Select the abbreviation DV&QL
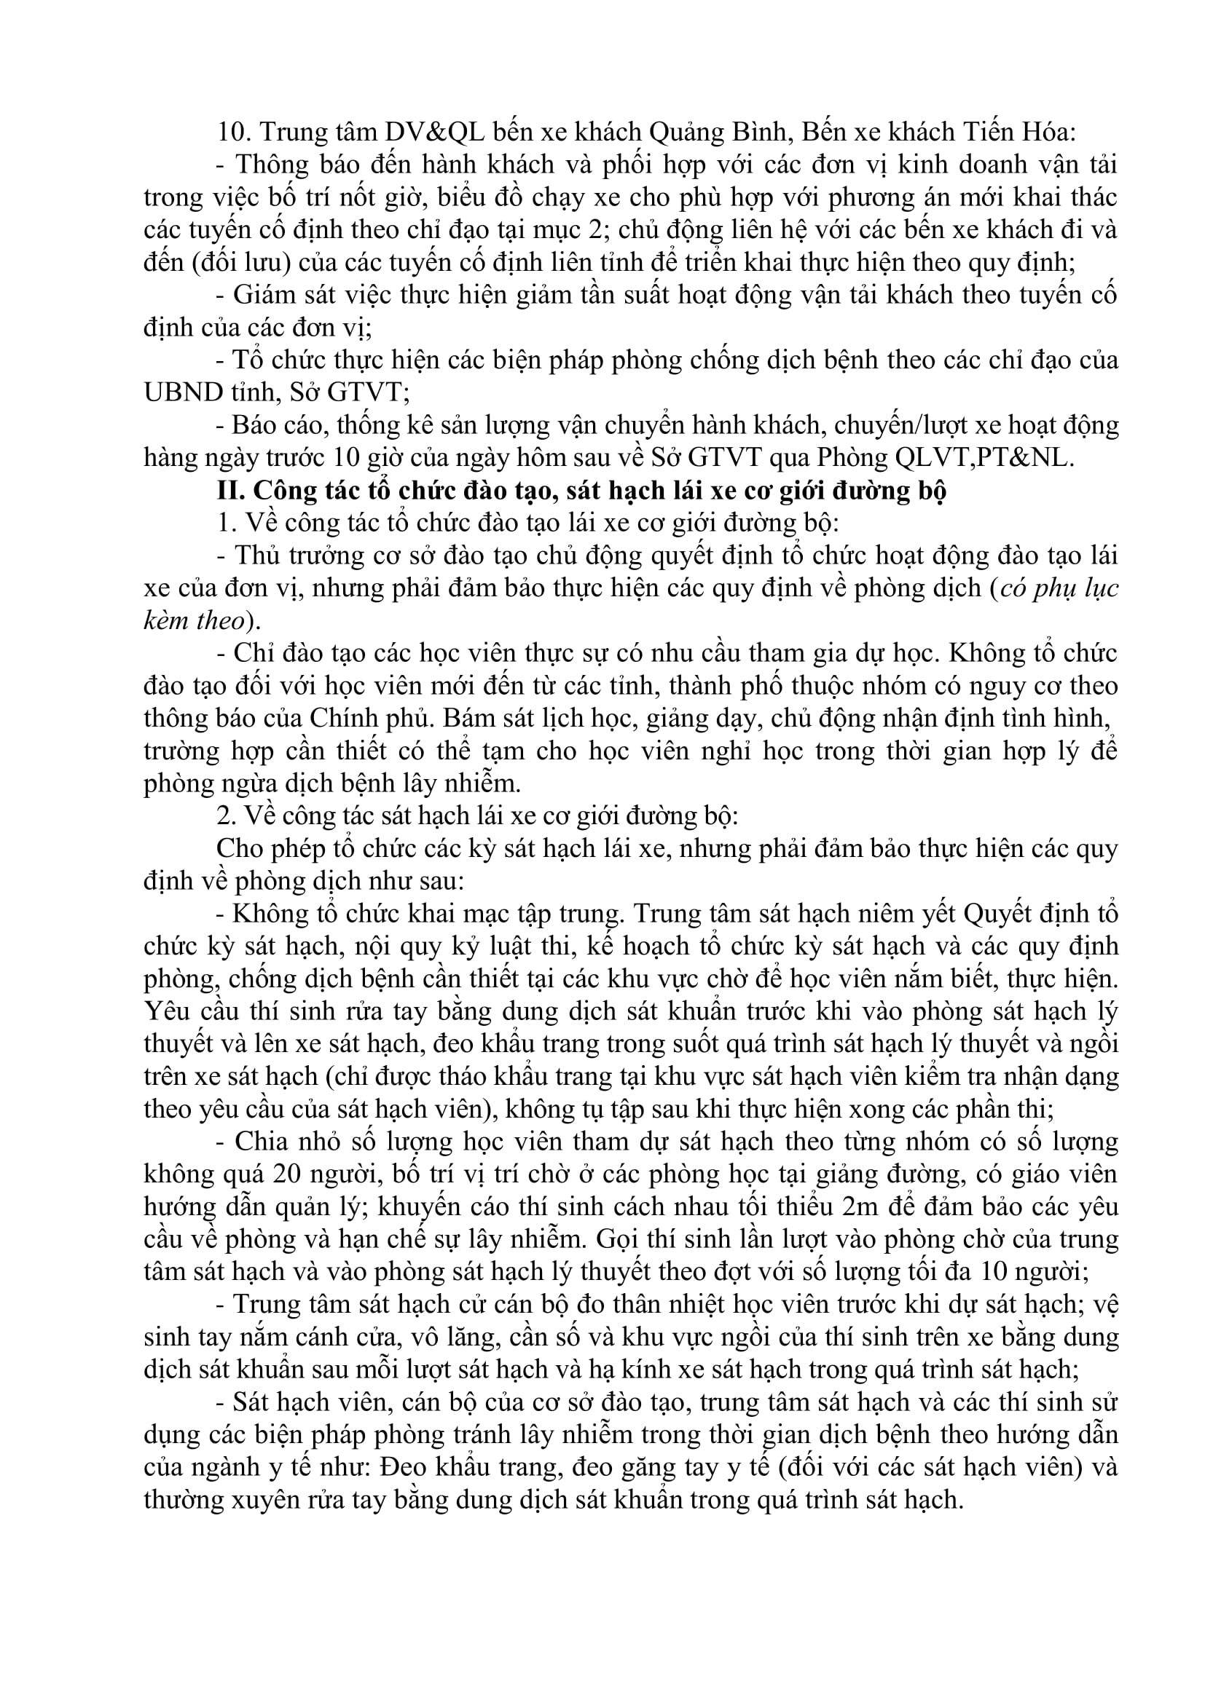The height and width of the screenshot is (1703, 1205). (x=434, y=132)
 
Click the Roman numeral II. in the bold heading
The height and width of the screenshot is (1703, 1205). (x=231, y=490)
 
